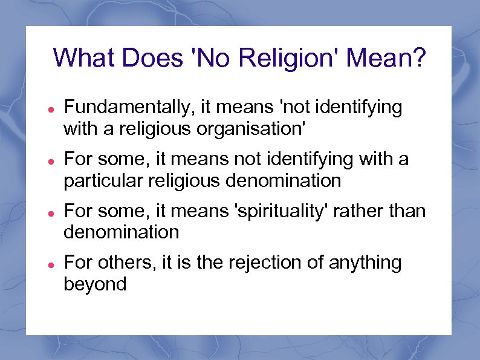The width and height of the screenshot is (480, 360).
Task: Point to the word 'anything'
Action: pos(365,263)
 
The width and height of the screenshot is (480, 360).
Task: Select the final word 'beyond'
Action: pos(95,284)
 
